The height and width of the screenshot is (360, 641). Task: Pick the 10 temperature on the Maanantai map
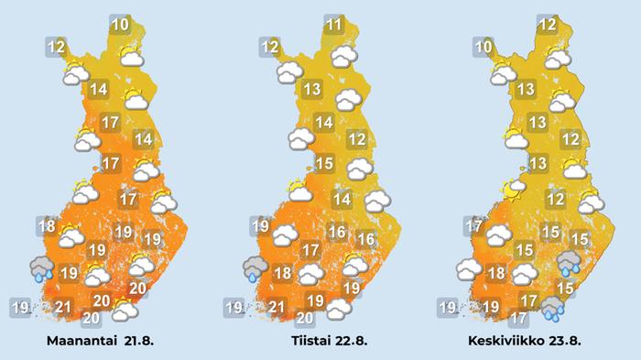click(x=121, y=24)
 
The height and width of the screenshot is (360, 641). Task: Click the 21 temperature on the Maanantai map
click(x=63, y=307)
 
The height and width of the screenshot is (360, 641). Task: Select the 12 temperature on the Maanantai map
click(x=56, y=46)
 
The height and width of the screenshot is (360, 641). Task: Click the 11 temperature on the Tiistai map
click(x=334, y=24)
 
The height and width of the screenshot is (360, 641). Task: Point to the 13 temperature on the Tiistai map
click(x=312, y=89)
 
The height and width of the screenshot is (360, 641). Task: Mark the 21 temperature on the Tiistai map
click(x=277, y=307)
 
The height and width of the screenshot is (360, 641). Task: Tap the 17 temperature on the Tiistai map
click(x=310, y=249)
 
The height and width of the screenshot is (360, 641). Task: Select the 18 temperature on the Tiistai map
click(x=283, y=273)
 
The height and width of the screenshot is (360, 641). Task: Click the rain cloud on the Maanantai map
click(x=41, y=267)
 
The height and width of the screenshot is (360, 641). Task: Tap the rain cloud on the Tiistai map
click(x=255, y=267)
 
